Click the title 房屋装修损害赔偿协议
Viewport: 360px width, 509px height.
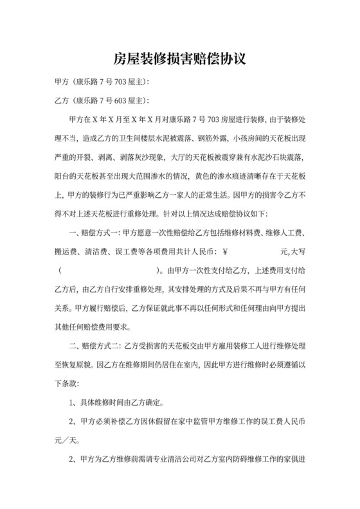(180, 59)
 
